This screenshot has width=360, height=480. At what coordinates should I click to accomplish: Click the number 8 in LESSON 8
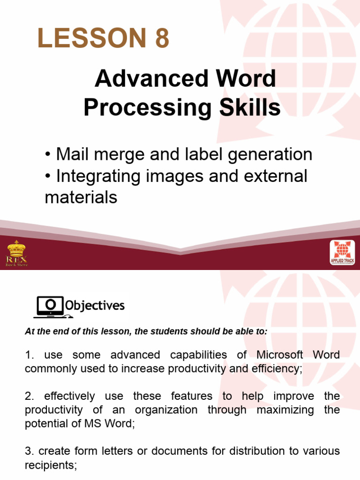coord(161,38)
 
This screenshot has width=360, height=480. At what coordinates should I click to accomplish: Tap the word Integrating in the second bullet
coord(99,176)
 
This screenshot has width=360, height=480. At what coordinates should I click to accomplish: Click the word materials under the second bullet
coord(81,197)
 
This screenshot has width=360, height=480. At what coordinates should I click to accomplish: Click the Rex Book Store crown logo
coord(16,253)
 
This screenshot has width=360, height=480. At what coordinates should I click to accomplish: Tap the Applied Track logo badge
coord(343,253)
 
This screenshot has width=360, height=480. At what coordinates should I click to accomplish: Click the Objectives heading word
coord(95,306)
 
